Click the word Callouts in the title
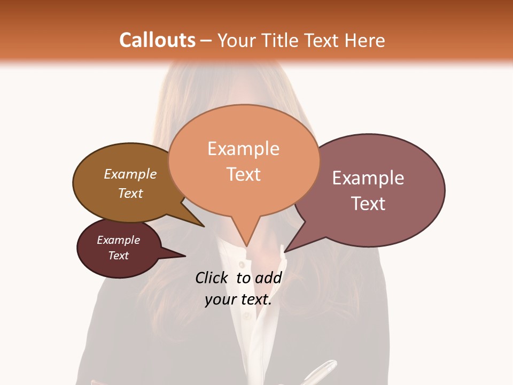pos(157,40)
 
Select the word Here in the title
pos(364,40)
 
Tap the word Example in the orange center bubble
pos(243,149)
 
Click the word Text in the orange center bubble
pos(243,174)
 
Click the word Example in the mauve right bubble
pos(368,178)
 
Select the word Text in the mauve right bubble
pos(368,204)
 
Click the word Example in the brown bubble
pos(130,174)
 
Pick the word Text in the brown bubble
pos(130,193)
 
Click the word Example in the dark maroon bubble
pos(118,240)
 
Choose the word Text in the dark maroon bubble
pos(118,256)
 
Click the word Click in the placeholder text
pos(211,278)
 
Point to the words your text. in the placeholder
pos(238,299)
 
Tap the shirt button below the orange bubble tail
pos(242,265)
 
